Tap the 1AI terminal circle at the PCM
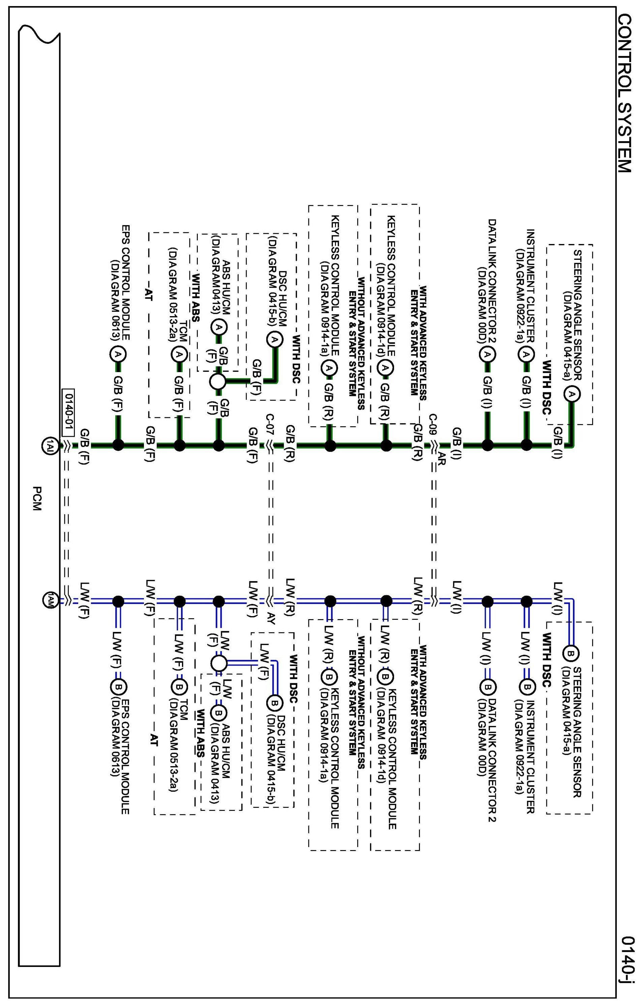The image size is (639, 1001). tap(48, 445)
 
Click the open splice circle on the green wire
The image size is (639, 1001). tap(217, 381)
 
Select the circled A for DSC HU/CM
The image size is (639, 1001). tap(274, 340)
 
